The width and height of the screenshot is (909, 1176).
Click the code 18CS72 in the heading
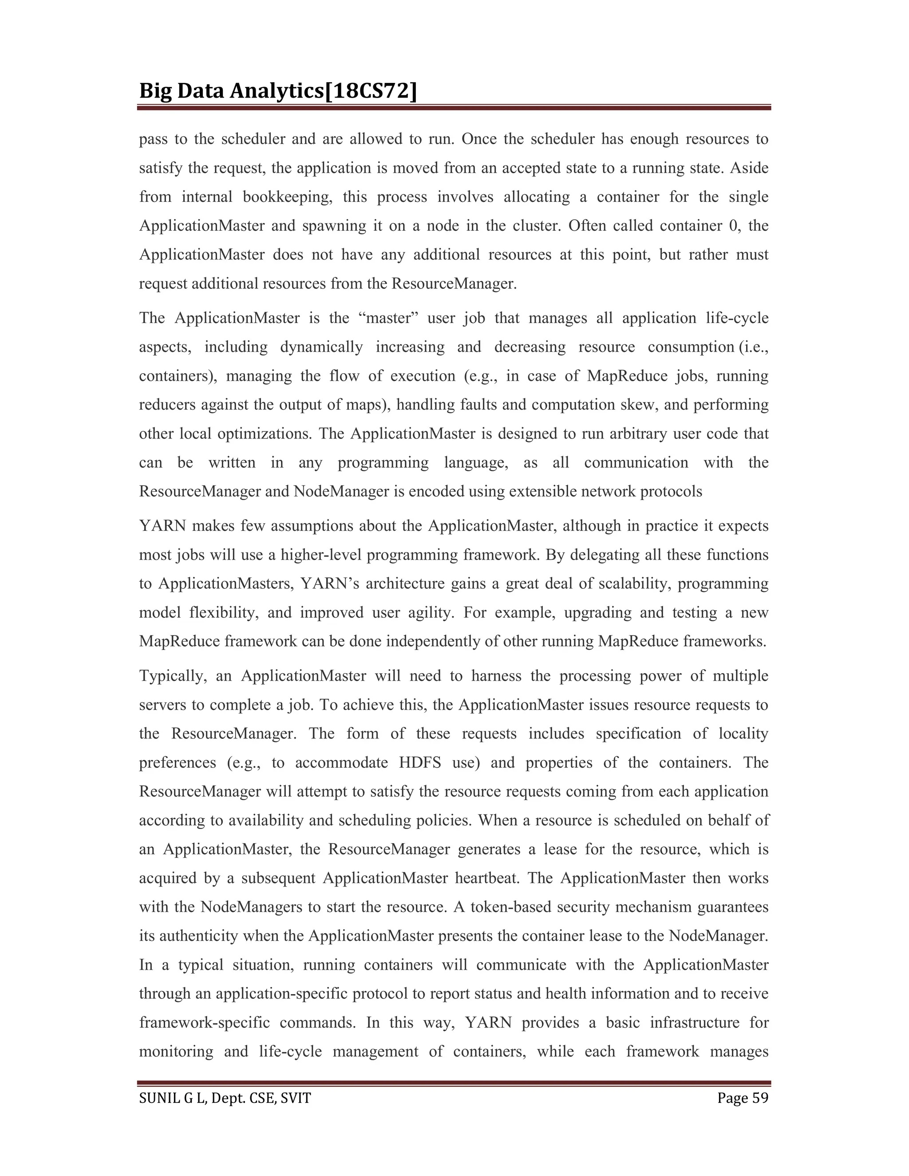[372, 91]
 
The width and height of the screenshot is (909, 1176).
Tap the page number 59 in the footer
[760, 1098]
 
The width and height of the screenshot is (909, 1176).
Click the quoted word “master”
[388, 318]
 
